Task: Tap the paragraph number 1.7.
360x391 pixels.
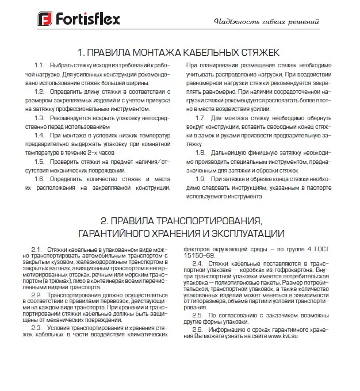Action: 201,117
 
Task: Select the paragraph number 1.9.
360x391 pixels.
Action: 201,178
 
